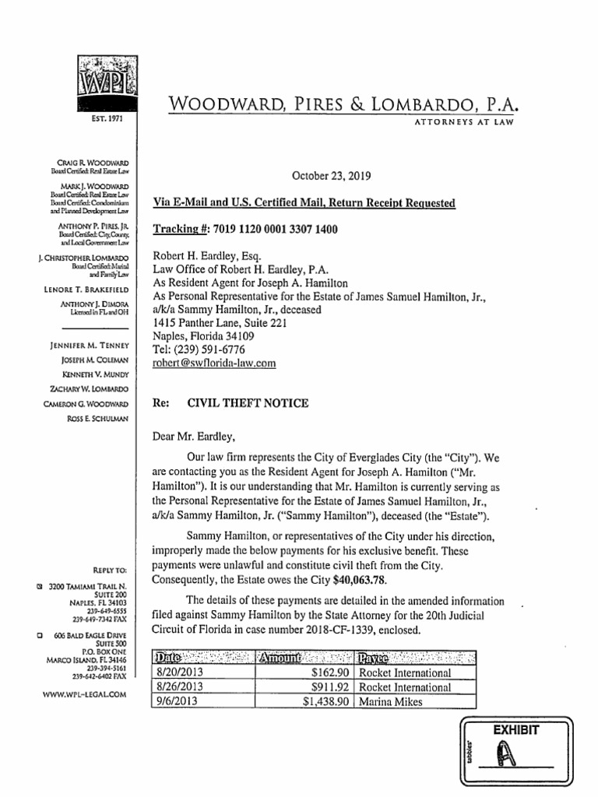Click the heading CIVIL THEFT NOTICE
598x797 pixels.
pyautogui.click(x=248, y=403)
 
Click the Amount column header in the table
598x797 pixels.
pyautogui.click(x=285, y=658)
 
